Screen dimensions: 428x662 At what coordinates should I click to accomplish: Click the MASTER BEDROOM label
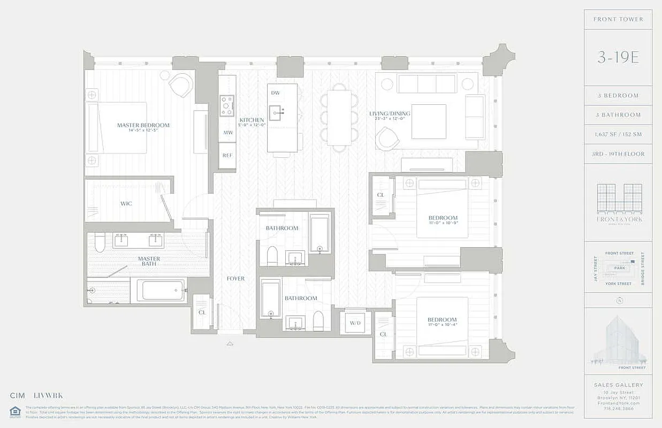tap(143, 125)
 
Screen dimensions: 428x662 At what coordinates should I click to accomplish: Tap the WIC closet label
tap(126, 203)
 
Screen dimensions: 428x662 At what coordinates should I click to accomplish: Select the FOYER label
tap(235, 278)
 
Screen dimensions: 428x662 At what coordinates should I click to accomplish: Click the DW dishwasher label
tap(276, 93)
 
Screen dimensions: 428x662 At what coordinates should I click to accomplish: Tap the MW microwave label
tap(227, 132)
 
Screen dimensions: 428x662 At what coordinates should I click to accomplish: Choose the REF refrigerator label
tap(227, 155)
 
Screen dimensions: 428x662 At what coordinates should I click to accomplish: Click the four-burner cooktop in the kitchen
tap(227, 105)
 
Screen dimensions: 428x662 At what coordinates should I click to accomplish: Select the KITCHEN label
tap(252, 120)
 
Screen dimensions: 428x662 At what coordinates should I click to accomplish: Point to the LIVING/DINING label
tap(390, 113)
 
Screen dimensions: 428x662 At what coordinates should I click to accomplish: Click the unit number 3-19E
tap(618, 58)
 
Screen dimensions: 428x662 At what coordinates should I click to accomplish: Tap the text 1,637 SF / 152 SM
tap(618, 134)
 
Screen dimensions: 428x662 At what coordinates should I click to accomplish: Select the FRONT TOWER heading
tap(618, 19)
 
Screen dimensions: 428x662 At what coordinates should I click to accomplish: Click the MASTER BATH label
tap(149, 262)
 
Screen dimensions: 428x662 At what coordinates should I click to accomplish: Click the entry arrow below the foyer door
tap(230, 343)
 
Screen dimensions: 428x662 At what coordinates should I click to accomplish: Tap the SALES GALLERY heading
tap(618, 385)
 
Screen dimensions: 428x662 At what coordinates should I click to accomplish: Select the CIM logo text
tap(18, 396)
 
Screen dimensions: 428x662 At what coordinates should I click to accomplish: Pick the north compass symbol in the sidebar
tap(618, 301)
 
